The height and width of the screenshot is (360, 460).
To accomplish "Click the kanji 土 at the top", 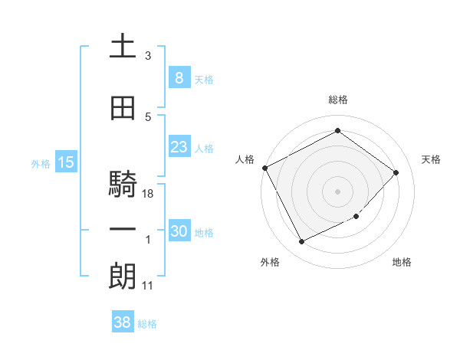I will pyautogui.click(x=123, y=46).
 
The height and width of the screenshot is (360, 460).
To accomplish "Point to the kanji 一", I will pyautogui.click(x=123, y=230).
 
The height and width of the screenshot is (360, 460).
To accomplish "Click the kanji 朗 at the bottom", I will pyautogui.click(x=123, y=276).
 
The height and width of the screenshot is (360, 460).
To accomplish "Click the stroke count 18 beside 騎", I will pyautogui.click(x=149, y=194).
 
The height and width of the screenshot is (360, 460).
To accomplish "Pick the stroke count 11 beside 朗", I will pyautogui.click(x=148, y=286).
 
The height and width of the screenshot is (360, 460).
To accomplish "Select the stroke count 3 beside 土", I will pyautogui.click(x=148, y=56).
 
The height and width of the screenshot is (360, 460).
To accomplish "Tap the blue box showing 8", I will pyautogui.click(x=179, y=77).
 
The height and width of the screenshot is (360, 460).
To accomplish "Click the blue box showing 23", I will pyautogui.click(x=179, y=146).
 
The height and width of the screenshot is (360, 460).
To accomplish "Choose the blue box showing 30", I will pyautogui.click(x=179, y=231).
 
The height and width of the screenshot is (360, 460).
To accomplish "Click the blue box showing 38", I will pyautogui.click(x=123, y=322).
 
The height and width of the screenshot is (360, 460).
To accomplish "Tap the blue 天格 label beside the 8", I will pyautogui.click(x=204, y=79).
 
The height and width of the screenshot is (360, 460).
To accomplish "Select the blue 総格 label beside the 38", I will pyautogui.click(x=147, y=324).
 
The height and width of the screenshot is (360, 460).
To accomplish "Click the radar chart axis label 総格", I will pyautogui.click(x=337, y=100).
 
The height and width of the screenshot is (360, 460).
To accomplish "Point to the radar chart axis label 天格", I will pyautogui.click(x=431, y=159).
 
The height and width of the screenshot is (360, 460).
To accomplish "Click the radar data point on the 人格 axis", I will pyautogui.click(x=265, y=168).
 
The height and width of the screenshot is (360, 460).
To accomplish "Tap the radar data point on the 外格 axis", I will pyautogui.click(x=302, y=242).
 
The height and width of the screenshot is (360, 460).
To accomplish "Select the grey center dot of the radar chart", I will pyautogui.click(x=337, y=191).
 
